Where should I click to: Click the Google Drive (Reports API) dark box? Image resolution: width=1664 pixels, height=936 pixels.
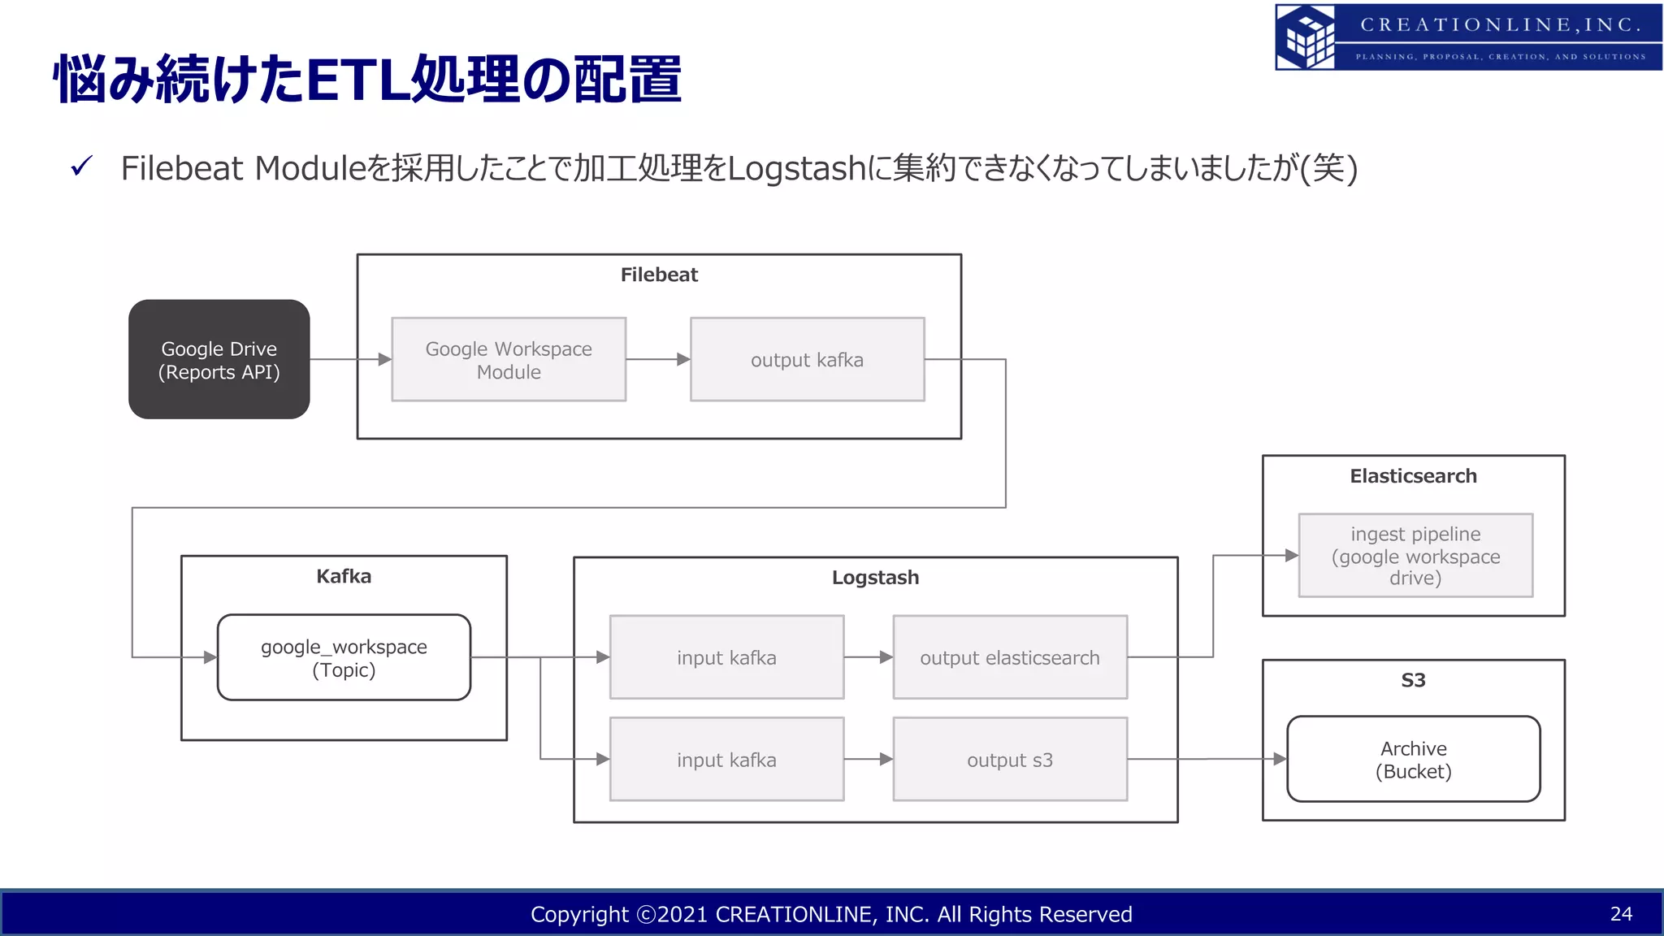pos(219,359)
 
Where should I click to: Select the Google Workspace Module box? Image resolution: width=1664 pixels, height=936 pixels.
pos(509,359)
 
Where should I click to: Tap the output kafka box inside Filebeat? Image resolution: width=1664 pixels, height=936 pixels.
pos(807,359)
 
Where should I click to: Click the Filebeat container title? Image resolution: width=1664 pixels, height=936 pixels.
pos(659,275)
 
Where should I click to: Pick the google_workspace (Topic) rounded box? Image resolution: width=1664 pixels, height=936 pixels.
pos(344,657)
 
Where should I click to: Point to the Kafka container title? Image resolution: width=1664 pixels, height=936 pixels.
pos(344,576)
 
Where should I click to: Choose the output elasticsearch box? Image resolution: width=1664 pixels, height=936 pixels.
pos(1010,657)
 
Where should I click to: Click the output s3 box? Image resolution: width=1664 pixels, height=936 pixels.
pos(1010,760)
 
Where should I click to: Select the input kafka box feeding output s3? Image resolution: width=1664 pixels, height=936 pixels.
pos(726,760)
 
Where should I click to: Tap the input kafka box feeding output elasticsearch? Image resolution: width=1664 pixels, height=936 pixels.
pos(726,657)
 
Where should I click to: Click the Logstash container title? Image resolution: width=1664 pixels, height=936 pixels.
pos(875,578)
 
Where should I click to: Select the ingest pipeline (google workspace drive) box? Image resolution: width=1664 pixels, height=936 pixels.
pos(1415,556)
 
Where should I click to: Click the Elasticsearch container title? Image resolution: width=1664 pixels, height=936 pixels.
pos(1413,476)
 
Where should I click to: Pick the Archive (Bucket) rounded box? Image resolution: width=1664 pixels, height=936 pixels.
pos(1413,759)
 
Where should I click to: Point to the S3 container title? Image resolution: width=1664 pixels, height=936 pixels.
pos(1413,680)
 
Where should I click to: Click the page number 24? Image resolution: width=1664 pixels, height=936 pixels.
pos(1621,914)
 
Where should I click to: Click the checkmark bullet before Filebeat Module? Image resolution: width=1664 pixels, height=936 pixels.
pos(82,167)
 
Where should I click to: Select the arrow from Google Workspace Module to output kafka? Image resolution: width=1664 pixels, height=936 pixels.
pos(658,359)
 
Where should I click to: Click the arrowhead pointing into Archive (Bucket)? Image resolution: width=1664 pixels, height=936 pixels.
pos(1280,759)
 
